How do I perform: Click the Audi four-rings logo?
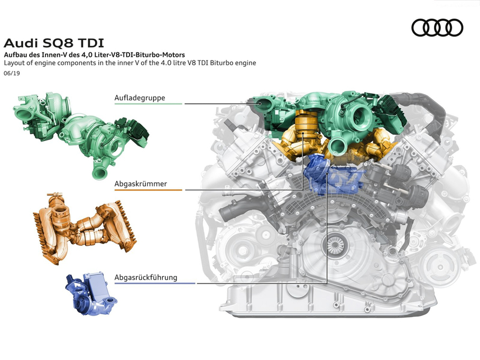tap(437, 27)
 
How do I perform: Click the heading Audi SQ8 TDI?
tap(54, 43)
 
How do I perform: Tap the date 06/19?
tap(12, 73)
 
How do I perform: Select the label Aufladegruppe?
tap(140, 98)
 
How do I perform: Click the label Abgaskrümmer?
tap(141, 184)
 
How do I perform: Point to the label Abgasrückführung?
tap(146, 278)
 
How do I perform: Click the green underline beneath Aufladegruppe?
tap(148, 104)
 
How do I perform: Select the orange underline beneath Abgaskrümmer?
tap(148, 190)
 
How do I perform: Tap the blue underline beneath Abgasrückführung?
tap(154, 283)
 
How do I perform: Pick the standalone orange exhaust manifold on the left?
tap(84, 228)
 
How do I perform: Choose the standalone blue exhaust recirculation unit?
tap(91, 294)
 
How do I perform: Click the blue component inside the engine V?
tap(334, 174)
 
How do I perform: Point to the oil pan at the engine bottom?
tap(328, 301)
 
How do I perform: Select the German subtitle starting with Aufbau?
tap(94, 55)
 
